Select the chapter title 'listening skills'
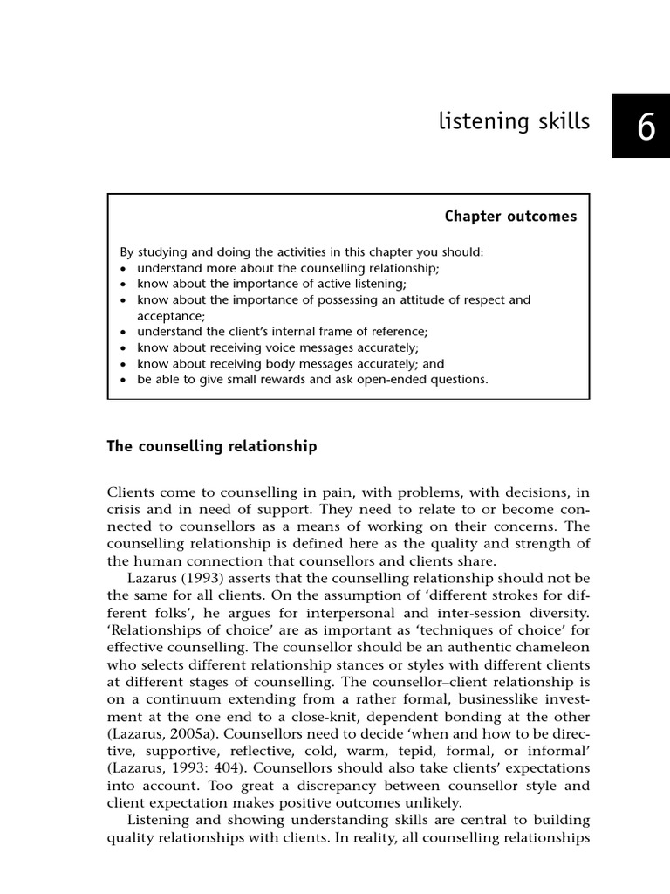pyautogui.click(x=514, y=122)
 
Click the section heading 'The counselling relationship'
pyautogui.click(x=212, y=446)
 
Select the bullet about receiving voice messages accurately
pyautogui.click(x=270, y=347)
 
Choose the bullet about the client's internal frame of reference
pyautogui.click(x=277, y=332)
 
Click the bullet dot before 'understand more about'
pyautogui.click(x=125, y=268)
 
